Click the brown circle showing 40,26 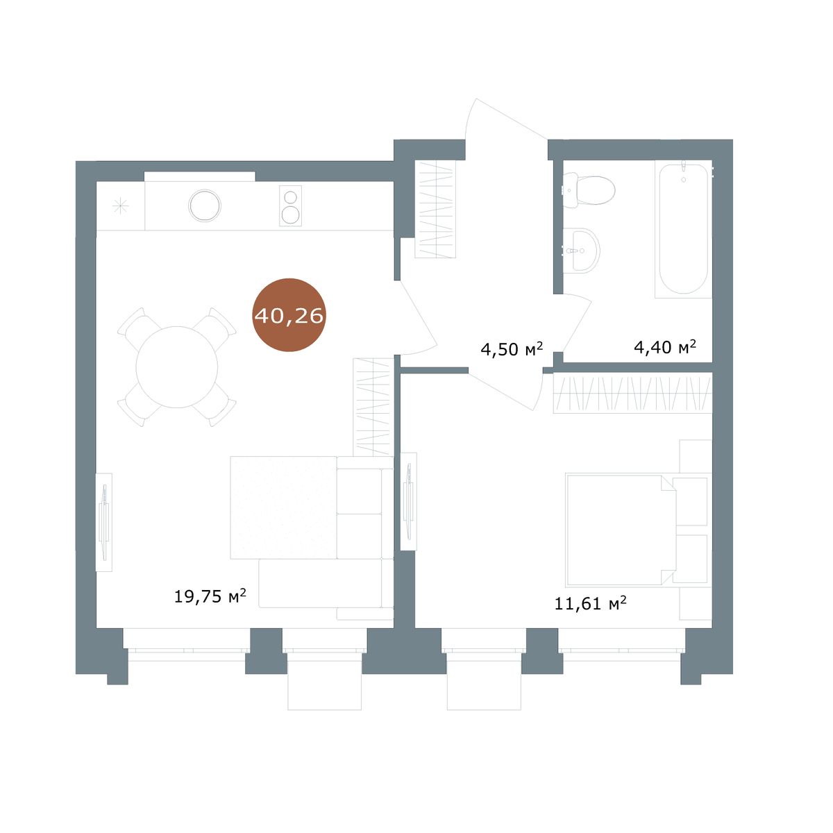[289, 314]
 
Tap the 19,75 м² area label [210, 596]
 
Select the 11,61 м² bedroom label [591, 603]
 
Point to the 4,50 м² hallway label [512, 349]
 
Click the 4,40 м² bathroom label [665, 346]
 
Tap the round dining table [177, 367]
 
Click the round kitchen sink [205, 205]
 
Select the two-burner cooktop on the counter [290, 205]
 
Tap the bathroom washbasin [582, 251]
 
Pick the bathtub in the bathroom [683, 229]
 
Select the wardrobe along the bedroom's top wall [632, 393]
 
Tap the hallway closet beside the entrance [435, 209]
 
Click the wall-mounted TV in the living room [103, 522]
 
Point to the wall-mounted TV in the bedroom [408, 501]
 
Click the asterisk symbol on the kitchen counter [121, 205]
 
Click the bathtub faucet [684, 167]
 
